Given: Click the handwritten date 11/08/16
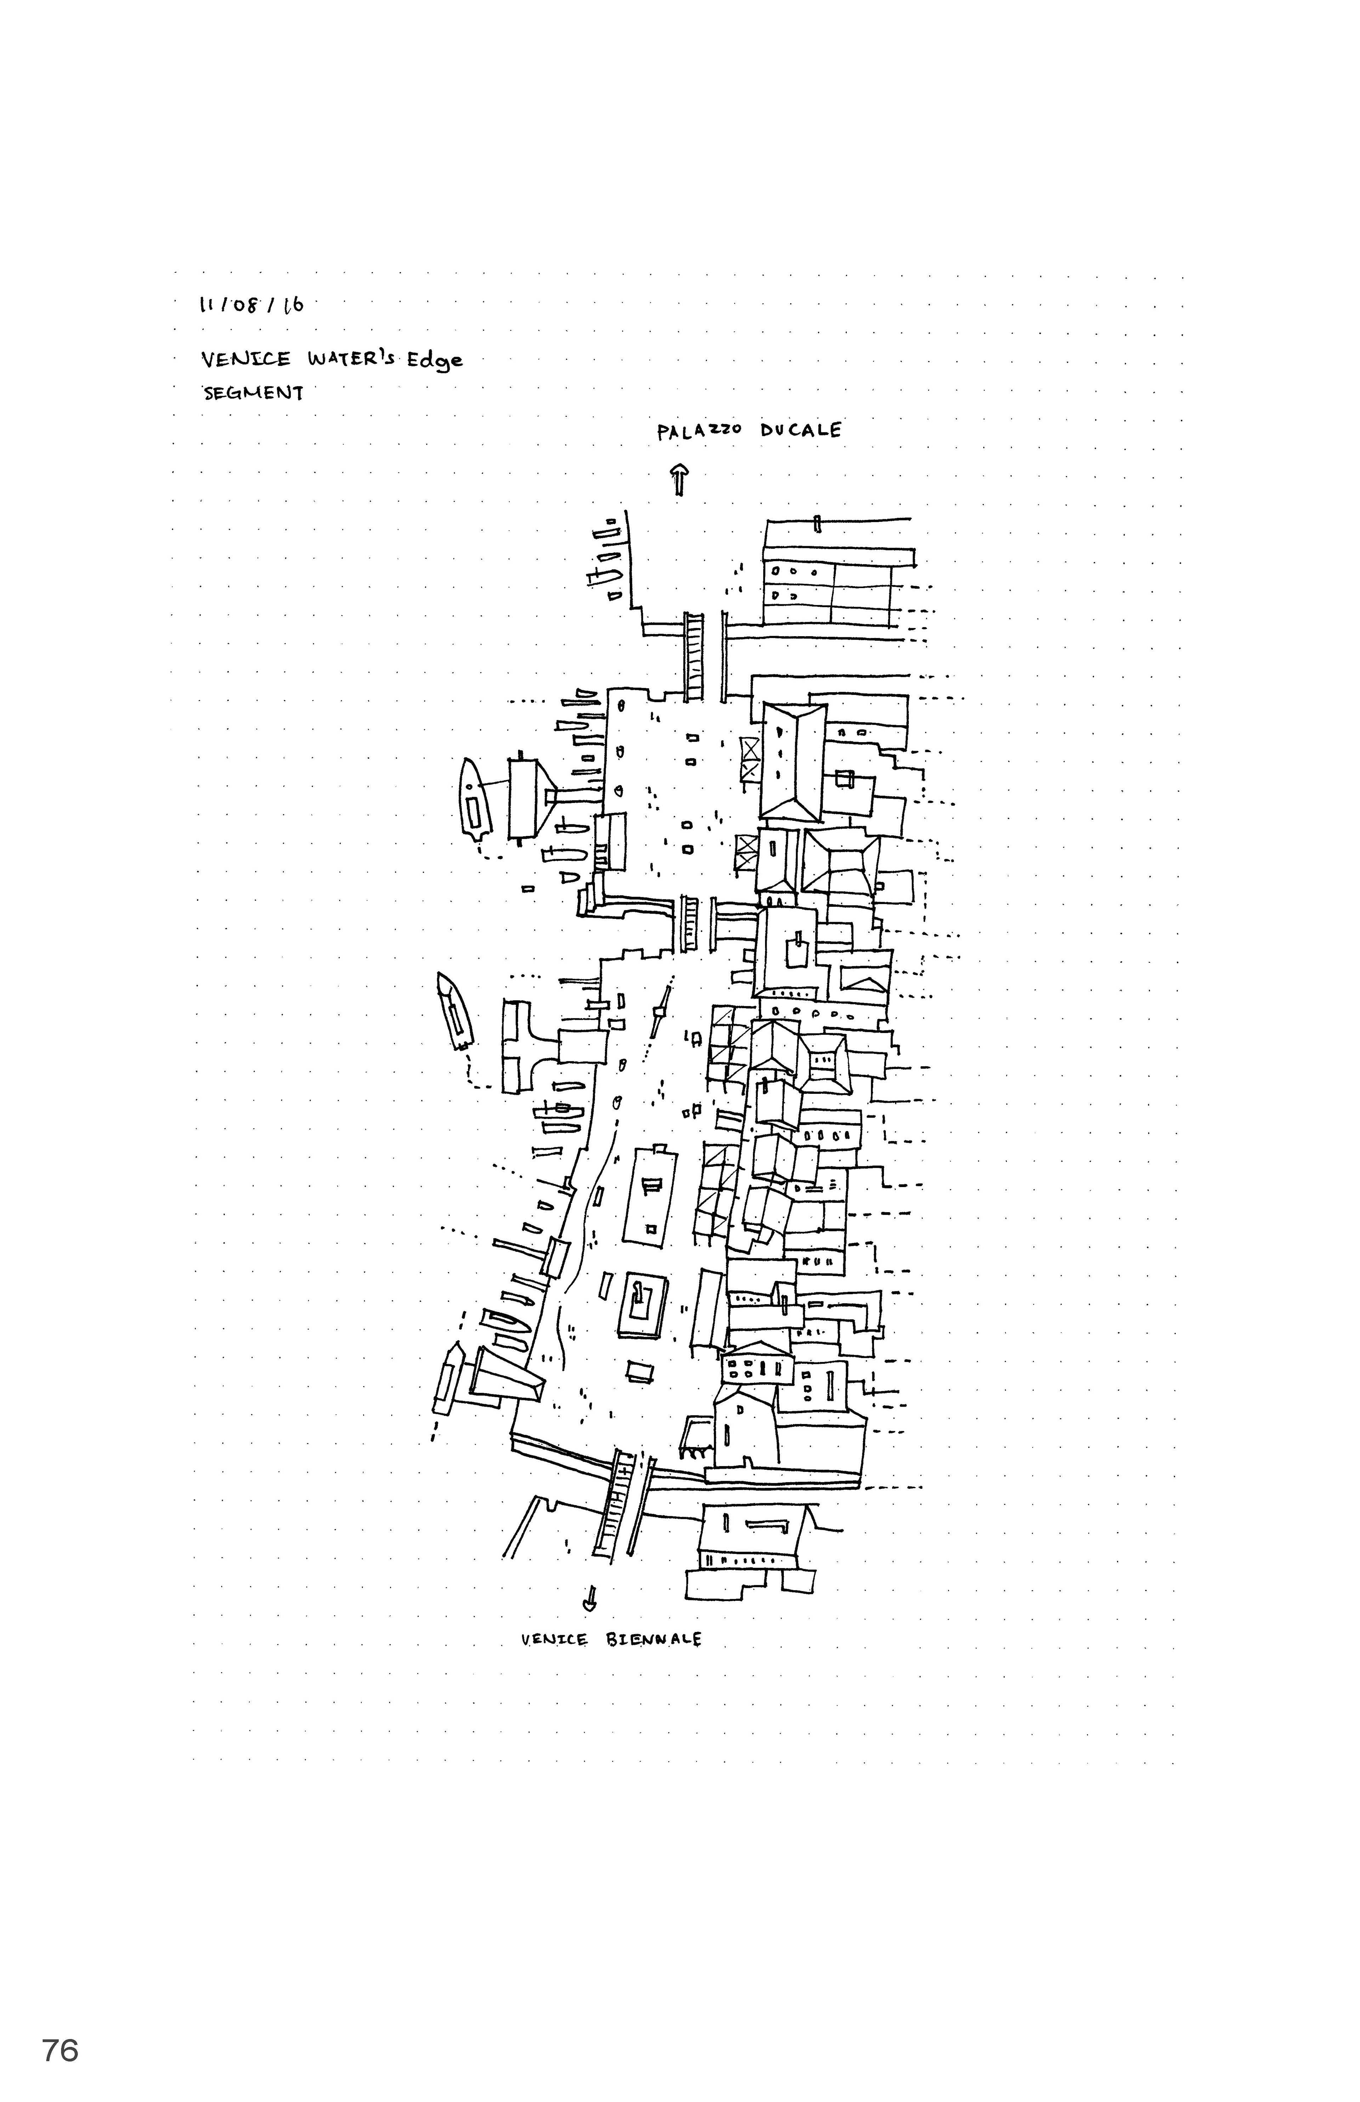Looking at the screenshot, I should point(252,306).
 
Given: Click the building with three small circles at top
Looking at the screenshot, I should point(798,584).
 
